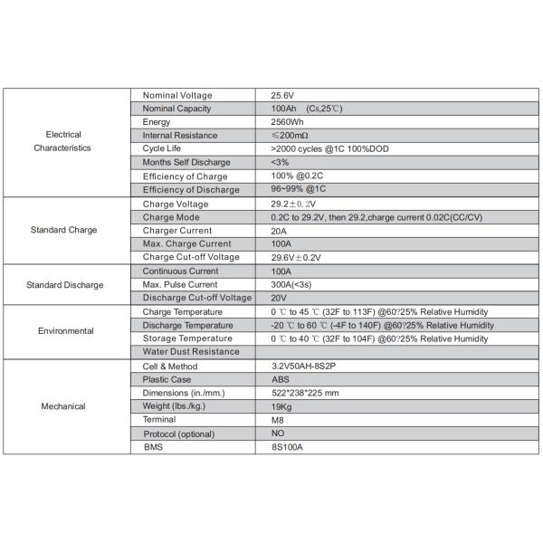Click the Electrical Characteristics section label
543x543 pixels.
point(62,141)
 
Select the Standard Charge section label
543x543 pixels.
point(62,230)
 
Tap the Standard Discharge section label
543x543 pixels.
point(64,284)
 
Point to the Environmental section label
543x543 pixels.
point(65,331)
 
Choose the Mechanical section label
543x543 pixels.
point(63,406)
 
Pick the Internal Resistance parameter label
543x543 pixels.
point(180,135)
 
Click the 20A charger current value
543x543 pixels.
point(279,230)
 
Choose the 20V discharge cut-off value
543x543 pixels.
point(279,298)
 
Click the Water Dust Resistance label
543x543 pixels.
point(191,351)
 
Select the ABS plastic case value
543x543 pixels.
point(281,379)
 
